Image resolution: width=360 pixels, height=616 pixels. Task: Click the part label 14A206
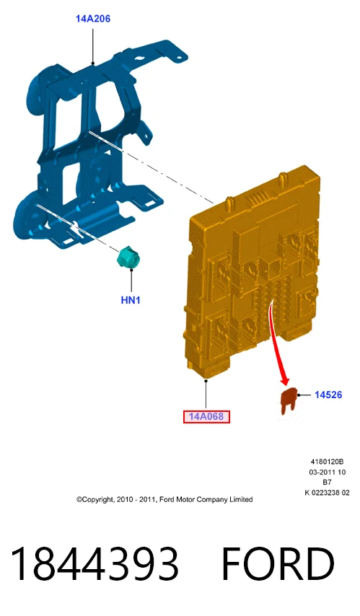coord(93,19)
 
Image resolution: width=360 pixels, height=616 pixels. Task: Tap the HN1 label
coord(131,300)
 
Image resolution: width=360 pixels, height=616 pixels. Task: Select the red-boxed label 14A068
coord(206,416)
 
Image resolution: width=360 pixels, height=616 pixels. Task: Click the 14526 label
coord(328,395)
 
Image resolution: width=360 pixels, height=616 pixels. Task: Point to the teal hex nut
coord(129,258)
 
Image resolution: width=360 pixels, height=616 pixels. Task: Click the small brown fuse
coord(288,400)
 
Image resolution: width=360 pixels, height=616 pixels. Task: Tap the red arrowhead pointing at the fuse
coord(285,380)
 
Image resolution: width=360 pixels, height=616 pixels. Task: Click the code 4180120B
coord(327,462)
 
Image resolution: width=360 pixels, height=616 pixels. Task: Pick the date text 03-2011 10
coord(327,472)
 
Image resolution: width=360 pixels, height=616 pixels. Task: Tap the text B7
coord(327,483)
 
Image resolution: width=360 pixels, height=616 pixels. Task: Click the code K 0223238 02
coord(327,493)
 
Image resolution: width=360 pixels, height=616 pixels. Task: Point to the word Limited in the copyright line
coord(242,500)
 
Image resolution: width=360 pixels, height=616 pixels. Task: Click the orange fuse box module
coord(253,271)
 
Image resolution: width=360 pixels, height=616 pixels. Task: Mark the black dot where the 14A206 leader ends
coord(93,63)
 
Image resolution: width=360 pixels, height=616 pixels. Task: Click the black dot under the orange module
coord(206,380)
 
